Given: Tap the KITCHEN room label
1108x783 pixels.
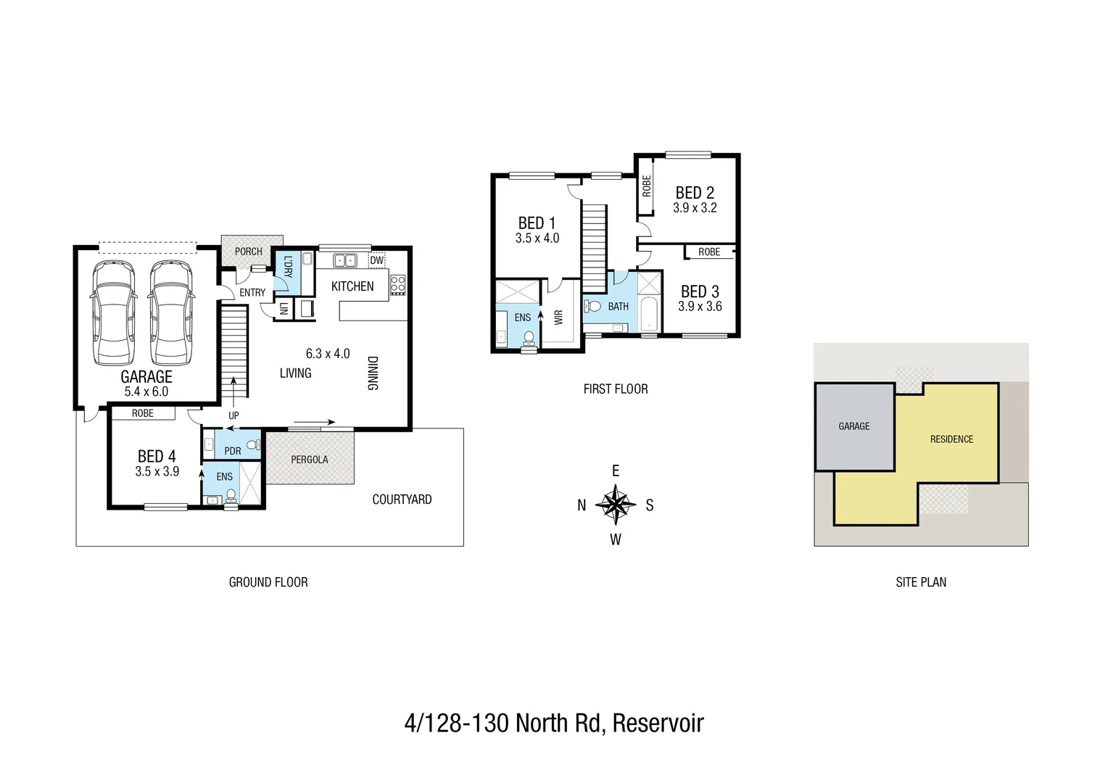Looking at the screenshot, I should click(352, 286).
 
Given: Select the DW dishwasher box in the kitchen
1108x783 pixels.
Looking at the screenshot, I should click(377, 260).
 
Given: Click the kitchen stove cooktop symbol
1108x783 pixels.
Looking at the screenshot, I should click(398, 285).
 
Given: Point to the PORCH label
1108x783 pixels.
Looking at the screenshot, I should click(248, 252).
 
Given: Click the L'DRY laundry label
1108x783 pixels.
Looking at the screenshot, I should click(288, 266).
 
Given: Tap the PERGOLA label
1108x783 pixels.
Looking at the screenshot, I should click(310, 460).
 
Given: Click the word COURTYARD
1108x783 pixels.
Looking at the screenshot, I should click(402, 500).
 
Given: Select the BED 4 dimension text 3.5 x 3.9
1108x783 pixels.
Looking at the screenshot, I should click(157, 471).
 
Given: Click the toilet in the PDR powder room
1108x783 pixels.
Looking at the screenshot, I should click(252, 445).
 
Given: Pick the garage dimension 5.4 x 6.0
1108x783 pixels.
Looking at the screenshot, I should click(146, 391).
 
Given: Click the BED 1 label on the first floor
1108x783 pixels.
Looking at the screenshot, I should click(537, 223).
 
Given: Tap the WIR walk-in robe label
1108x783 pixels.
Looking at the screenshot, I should click(558, 317).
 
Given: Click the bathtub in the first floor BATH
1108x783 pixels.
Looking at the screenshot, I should click(649, 313).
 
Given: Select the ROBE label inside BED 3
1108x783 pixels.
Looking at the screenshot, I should click(709, 252).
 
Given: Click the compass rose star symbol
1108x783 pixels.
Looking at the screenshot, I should click(616, 505).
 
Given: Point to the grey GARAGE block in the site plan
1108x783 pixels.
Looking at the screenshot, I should click(854, 426).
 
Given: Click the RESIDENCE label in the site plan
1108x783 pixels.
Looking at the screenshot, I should click(951, 439).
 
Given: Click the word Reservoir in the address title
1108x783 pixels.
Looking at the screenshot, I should click(658, 724).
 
